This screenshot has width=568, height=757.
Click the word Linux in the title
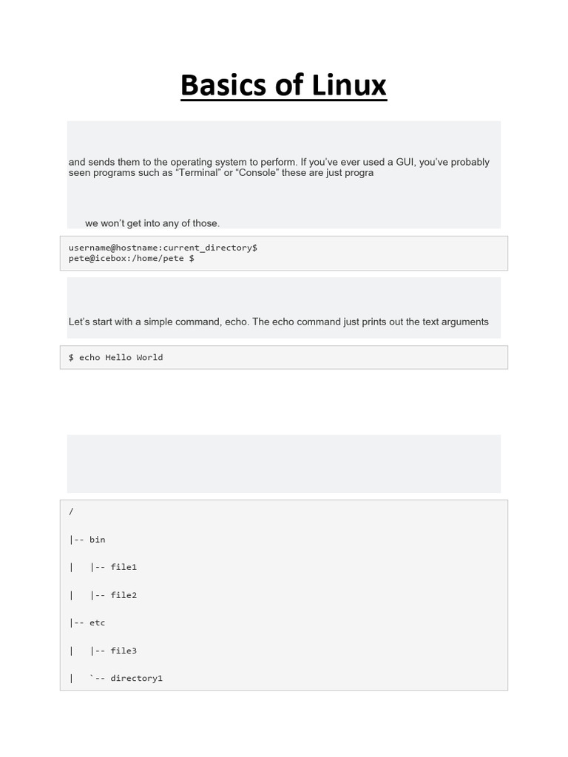click(348, 85)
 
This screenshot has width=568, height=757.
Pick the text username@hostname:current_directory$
click(163, 248)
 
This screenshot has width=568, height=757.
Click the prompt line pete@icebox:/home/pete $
click(132, 259)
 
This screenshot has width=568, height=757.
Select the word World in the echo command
click(149, 358)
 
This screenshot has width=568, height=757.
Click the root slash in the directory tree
click(71, 512)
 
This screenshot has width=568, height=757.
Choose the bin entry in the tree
click(97, 540)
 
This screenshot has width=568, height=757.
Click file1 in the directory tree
click(124, 567)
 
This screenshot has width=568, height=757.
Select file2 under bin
click(124, 595)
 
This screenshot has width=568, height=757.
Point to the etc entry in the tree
click(97, 622)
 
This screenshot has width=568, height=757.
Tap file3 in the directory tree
click(124, 651)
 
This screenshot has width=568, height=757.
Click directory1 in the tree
click(136, 678)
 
